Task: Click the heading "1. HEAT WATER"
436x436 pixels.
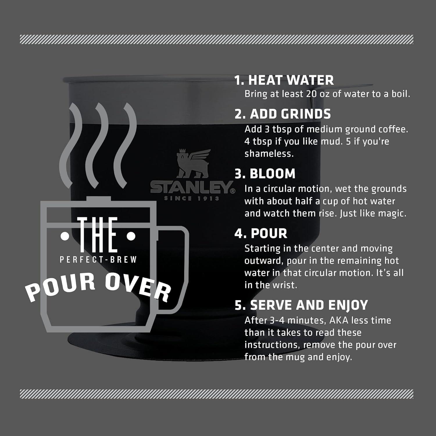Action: tap(284, 80)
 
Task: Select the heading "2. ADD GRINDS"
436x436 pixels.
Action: tap(283, 114)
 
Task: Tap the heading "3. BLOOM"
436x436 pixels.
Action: tap(265, 174)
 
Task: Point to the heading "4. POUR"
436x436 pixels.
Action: tap(261, 233)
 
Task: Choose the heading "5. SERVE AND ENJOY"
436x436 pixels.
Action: tap(301, 305)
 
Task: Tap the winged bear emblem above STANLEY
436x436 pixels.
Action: tap(193, 163)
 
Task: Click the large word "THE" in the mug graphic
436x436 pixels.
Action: tap(98, 235)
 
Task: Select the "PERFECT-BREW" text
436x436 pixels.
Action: tap(98, 260)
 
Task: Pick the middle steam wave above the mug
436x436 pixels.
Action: tap(97, 145)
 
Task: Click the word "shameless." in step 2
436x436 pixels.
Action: tap(269, 153)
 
